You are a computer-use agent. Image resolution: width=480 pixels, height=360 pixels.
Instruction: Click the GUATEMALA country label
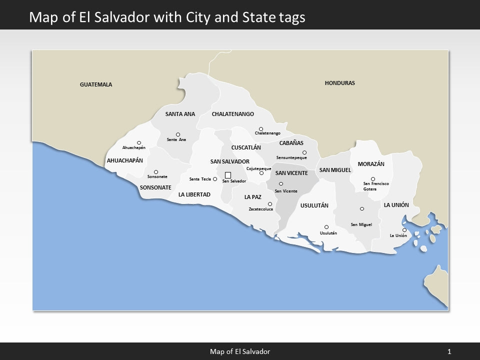coord(96,84)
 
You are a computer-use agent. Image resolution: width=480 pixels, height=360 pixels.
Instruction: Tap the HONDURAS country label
coord(339,83)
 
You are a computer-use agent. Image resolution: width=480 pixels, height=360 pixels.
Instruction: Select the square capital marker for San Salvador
coord(228,175)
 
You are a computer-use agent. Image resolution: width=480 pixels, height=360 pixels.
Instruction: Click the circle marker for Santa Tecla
coord(215,179)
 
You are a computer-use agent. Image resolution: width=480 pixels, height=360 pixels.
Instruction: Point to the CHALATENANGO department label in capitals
coord(232,114)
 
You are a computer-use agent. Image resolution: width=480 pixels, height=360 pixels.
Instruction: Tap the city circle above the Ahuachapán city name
coord(139,142)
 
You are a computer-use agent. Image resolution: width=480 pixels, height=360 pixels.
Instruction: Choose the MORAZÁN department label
coord(371,164)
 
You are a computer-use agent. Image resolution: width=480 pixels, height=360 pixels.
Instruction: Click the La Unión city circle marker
coord(404,230)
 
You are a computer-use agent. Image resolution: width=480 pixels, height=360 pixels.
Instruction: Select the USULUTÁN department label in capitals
coord(314,205)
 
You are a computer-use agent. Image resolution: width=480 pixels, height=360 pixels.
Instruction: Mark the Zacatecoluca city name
coord(261,209)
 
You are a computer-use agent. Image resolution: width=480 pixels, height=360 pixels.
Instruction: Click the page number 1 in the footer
coord(449,351)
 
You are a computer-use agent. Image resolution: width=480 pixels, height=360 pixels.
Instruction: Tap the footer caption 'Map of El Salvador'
coord(240,351)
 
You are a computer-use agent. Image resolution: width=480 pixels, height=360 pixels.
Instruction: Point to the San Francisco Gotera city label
coord(375,186)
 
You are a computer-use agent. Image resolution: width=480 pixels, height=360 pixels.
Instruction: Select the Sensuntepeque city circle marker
coord(304,152)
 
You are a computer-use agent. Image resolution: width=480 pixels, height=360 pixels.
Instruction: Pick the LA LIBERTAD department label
coord(194,194)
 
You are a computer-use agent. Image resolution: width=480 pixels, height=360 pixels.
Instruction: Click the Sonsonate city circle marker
coord(156,172)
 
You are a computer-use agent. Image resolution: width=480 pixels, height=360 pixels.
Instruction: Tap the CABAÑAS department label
coord(291,143)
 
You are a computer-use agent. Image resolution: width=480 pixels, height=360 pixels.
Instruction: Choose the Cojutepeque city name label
coord(258,168)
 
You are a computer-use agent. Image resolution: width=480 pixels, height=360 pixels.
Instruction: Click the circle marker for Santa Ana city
coord(178,134)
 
